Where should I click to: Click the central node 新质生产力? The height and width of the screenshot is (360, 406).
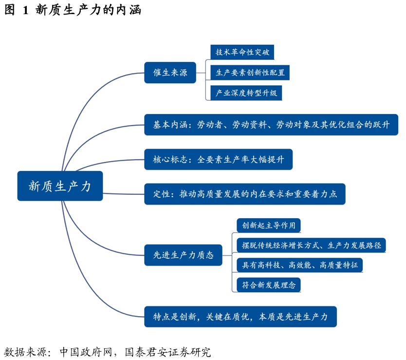60,186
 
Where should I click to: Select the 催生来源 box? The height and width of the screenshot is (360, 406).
170,73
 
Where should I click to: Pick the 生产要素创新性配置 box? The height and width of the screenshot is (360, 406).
250,73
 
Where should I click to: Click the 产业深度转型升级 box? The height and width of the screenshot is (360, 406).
246,93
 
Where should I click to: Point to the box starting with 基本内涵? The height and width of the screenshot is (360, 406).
271,125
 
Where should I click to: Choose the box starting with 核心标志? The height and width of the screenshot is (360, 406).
218,159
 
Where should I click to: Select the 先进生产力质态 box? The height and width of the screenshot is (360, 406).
183,255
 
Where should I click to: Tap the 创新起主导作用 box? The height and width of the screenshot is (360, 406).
268,226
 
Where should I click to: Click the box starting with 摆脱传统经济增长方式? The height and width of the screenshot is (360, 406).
311,245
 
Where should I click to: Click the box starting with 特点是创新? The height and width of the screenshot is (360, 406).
240,317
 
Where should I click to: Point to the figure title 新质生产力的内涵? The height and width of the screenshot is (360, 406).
88,10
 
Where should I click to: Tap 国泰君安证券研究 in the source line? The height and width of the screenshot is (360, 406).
168,352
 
